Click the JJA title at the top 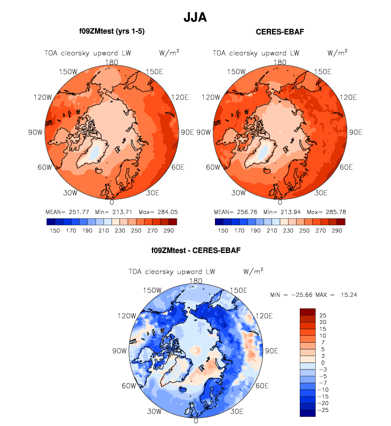(195, 18)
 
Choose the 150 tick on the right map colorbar (221, 231)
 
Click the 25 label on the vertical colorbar (323, 315)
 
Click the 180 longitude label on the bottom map (196, 281)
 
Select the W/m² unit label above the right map (338, 52)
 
